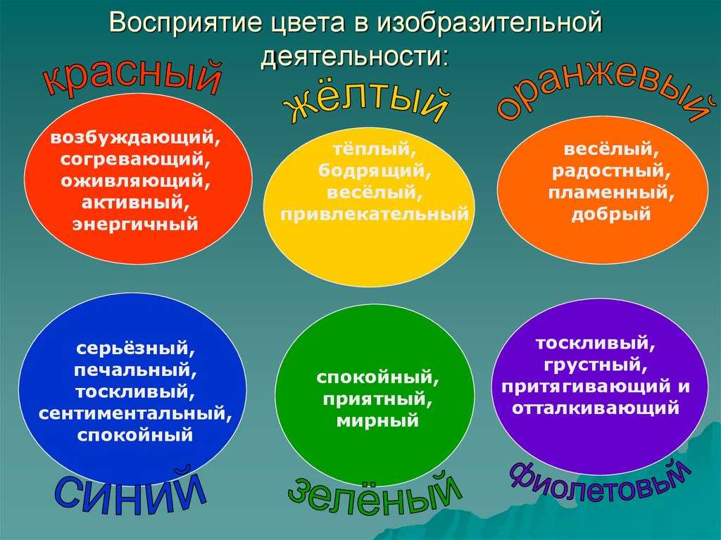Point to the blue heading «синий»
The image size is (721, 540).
[x=130, y=491]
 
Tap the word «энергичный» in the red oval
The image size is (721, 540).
[x=135, y=225]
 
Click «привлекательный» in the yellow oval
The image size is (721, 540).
[x=375, y=214]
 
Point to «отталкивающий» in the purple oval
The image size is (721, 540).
[x=596, y=408]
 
